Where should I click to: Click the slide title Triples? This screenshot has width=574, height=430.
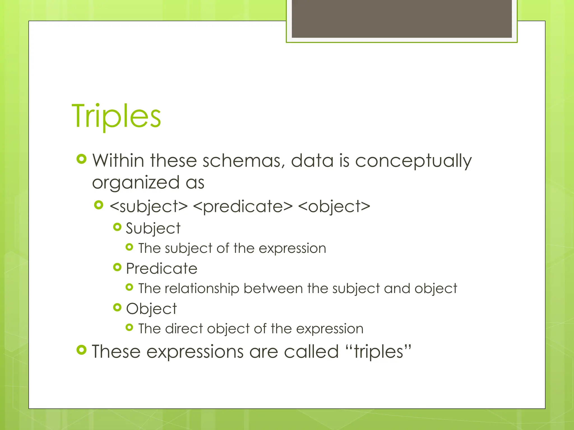[116, 116]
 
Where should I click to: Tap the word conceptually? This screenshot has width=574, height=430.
[413, 162]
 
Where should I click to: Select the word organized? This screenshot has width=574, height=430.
[136, 183]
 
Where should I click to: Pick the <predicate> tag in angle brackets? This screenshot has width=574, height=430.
[243, 207]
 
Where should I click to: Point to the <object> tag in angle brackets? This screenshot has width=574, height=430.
[334, 207]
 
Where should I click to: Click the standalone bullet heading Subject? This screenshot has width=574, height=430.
[153, 228]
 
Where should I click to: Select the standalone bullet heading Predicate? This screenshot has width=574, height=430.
[162, 268]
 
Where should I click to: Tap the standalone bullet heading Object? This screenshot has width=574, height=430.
[151, 309]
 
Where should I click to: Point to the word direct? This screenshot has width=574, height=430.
[184, 329]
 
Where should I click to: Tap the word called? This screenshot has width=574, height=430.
[311, 352]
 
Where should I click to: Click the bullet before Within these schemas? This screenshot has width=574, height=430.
[82, 159]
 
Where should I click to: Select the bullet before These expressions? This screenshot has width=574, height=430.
[82, 350]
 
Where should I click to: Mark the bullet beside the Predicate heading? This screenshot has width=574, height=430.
[117, 267]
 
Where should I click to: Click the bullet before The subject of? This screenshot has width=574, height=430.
[129, 247]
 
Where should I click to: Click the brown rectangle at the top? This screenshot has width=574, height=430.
[402, 18]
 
